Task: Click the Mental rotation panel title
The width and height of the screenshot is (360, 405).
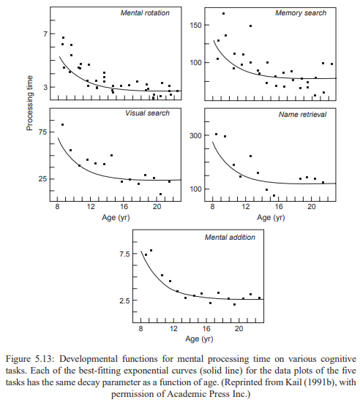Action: (145, 13)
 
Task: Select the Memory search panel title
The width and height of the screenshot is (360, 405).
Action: (301, 13)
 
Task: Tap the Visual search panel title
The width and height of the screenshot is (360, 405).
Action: (147, 113)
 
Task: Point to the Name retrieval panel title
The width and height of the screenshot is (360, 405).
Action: (302, 115)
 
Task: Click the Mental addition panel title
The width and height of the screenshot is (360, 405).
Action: (230, 238)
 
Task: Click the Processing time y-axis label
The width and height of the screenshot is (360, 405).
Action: (30, 103)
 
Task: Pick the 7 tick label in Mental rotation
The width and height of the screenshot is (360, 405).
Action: (46, 34)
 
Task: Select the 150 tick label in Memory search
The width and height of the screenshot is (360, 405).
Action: (195, 26)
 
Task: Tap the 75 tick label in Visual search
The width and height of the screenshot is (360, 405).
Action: (42, 132)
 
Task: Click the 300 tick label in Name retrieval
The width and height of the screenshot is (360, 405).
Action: (195, 135)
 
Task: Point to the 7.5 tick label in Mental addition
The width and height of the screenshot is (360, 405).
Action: (125, 254)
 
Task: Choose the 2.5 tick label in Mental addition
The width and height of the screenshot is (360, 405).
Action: (124, 300)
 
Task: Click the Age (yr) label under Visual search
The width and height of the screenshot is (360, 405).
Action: (116, 217)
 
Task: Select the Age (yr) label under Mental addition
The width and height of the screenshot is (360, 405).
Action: (199, 339)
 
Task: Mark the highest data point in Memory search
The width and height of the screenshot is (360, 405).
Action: (224, 14)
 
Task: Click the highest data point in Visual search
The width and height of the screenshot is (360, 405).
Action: (62, 125)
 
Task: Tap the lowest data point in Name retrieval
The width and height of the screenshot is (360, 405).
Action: (274, 195)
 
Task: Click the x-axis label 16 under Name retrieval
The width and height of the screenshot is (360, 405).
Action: (279, 207)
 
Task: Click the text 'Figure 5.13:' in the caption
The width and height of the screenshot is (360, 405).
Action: (30, 359)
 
